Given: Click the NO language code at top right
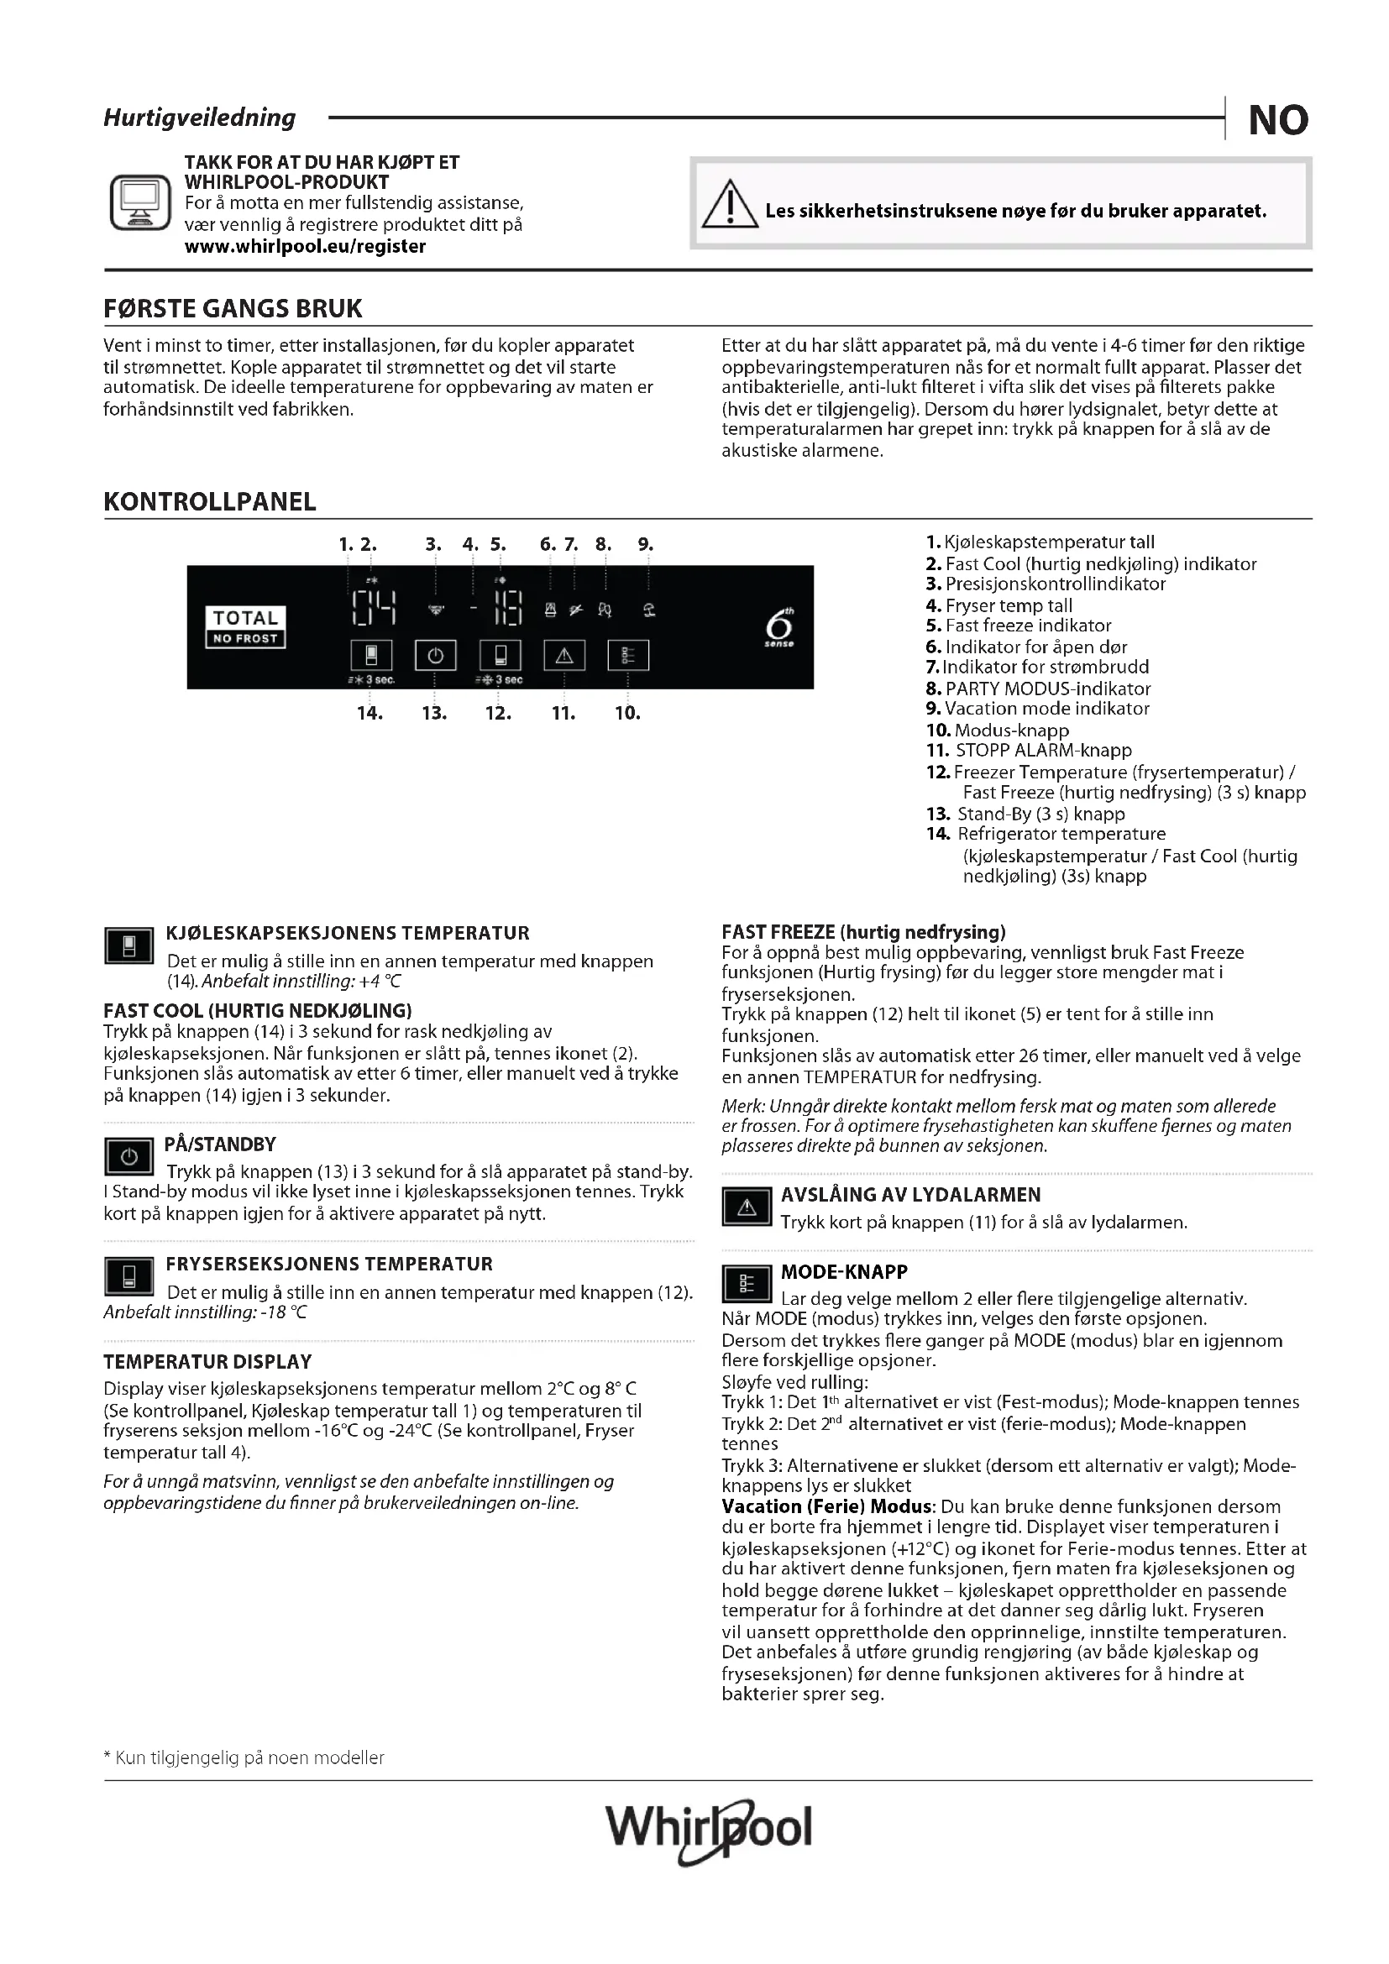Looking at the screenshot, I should (1278, 120).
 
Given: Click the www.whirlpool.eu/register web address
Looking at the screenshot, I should (305, 246).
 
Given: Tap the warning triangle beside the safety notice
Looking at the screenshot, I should (729, 205).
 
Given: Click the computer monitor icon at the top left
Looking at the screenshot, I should (140, 202).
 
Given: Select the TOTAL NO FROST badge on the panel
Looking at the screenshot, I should (245, 627).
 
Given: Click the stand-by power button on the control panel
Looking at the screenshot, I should (435, 656).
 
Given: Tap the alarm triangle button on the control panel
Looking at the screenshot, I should (564, 656).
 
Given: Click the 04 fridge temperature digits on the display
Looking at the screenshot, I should (374, 608).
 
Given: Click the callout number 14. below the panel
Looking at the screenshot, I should (370, 713).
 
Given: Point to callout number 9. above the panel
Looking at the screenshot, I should (646, 544).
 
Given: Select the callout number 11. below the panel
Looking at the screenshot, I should (563, 713).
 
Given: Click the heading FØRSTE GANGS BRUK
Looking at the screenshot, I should (233, 309).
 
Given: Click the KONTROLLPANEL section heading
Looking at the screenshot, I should (210, 502).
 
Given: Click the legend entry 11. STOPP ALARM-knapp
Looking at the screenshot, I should (1029, 750).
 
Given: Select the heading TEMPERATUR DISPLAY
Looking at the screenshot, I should (207, 1362).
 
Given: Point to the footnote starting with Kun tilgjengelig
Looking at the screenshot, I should (244, 1759).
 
